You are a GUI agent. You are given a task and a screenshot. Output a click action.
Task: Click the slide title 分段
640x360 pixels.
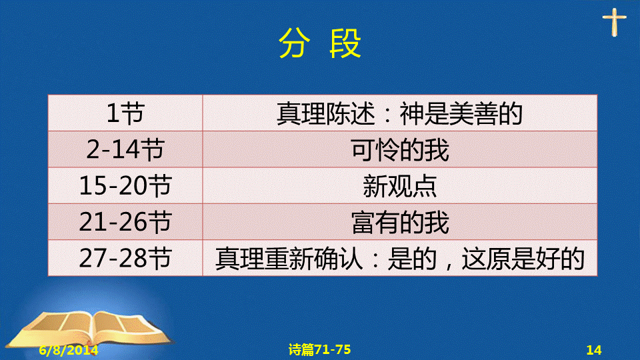319,43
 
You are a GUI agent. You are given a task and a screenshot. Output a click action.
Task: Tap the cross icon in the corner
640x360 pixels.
614,22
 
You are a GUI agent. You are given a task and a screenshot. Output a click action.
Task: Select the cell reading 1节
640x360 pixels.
125,113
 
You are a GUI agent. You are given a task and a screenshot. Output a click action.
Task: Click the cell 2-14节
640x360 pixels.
125,149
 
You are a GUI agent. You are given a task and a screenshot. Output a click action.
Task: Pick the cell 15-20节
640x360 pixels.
125,186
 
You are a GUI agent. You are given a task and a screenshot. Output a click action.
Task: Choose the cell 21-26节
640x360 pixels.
125,222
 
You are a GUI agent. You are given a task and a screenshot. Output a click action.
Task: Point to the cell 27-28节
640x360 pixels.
125,258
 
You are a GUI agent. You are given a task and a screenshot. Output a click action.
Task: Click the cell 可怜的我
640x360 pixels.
400,149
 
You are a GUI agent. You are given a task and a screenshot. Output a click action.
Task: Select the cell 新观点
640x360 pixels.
400,186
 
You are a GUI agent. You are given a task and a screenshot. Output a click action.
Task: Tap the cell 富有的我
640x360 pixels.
400,222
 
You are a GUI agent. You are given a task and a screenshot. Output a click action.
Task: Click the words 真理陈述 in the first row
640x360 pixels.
326,113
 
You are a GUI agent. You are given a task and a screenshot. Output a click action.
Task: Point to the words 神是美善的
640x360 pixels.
461,113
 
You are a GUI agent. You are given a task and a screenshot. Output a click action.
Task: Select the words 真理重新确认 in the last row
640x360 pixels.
289,259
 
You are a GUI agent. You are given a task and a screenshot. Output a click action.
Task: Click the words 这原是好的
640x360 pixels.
523,259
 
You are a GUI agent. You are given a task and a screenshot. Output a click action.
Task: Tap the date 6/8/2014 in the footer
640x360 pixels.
69,350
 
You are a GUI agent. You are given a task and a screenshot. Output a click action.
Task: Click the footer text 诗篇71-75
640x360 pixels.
319,349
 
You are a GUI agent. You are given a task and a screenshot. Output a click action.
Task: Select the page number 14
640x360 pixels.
594,350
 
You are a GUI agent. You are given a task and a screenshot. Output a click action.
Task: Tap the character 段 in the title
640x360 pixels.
345,43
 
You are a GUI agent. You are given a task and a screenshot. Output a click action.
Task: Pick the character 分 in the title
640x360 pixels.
294,43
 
